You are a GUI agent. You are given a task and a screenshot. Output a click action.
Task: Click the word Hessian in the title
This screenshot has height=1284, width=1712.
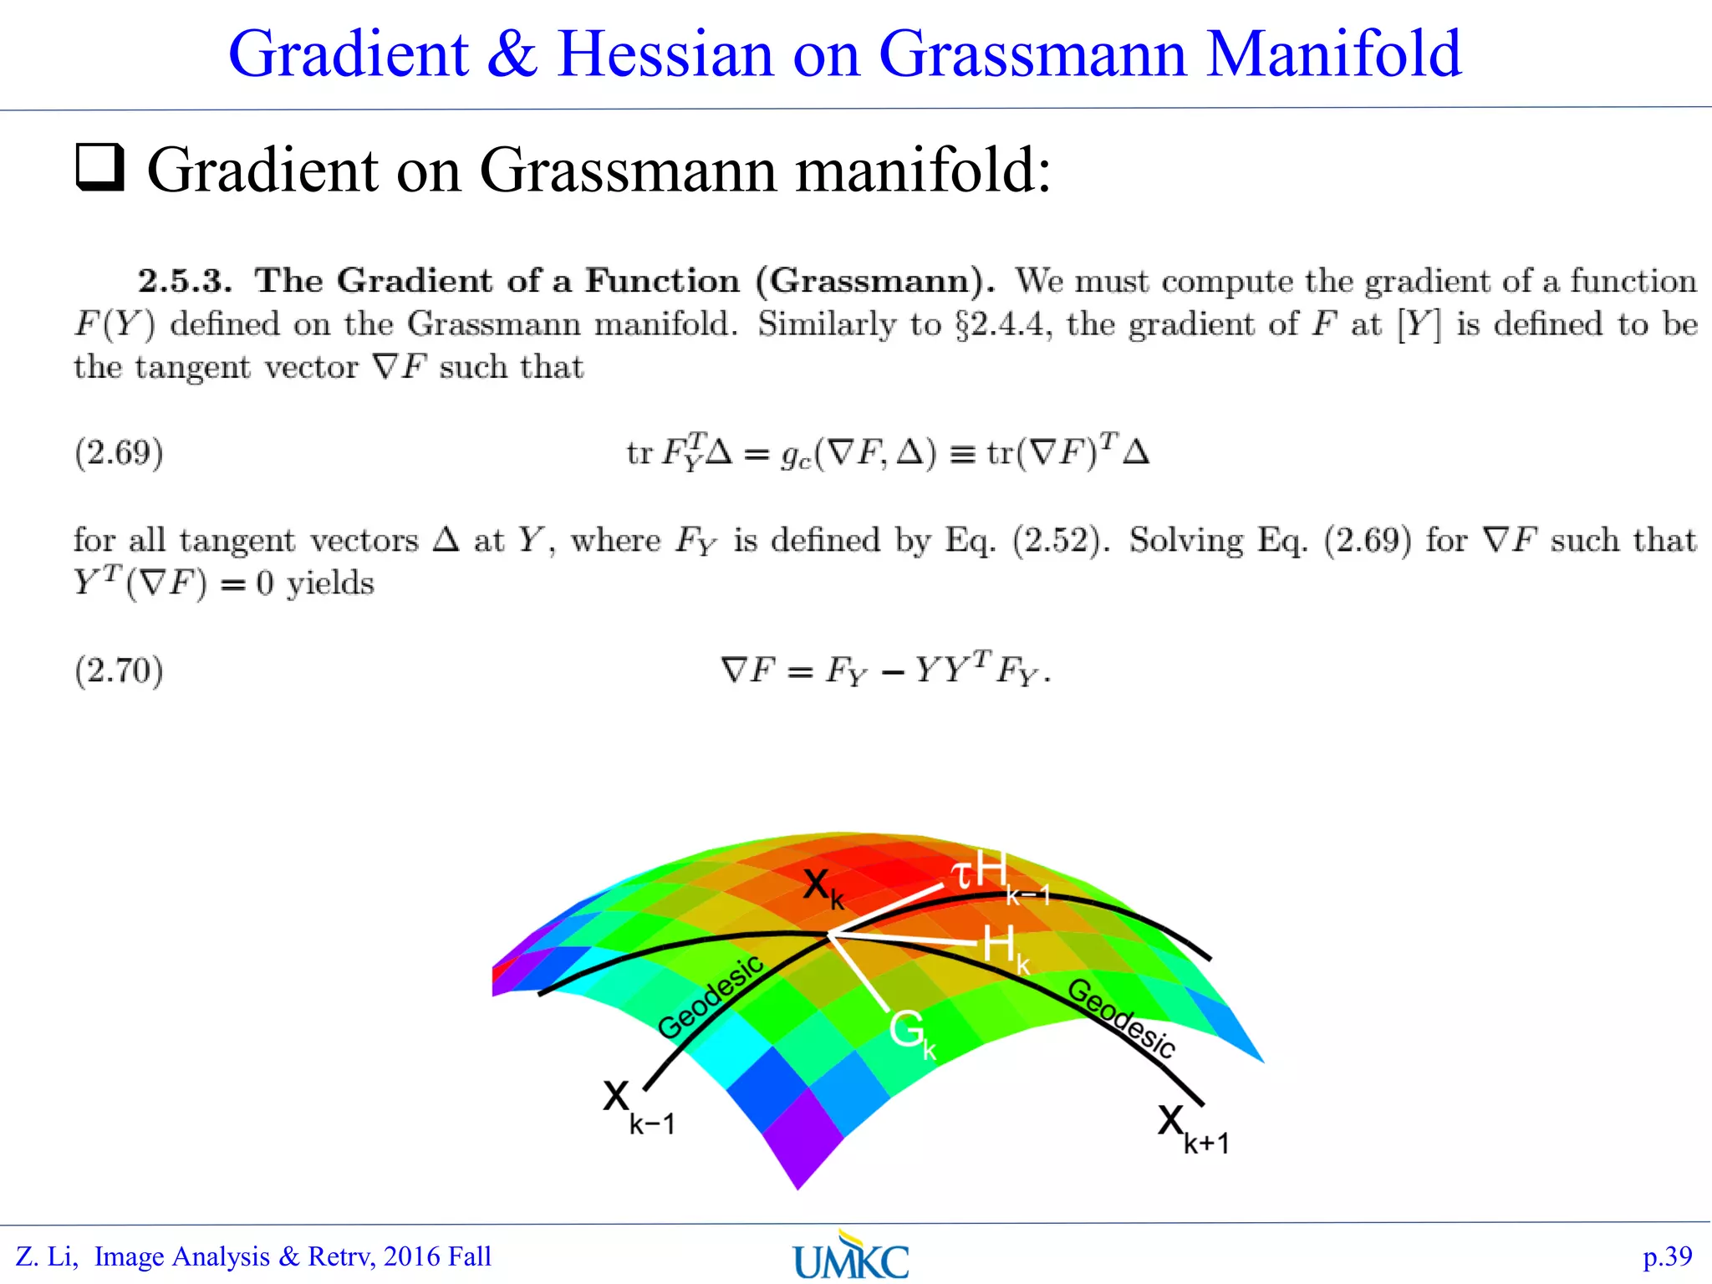point(665,54)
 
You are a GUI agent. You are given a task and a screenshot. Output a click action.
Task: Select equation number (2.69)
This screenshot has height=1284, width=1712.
point(119,453)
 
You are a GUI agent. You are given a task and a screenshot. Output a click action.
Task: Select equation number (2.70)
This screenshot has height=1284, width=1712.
point(119,670)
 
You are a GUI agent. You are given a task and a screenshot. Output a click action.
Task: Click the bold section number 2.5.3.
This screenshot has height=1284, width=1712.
point(185,281)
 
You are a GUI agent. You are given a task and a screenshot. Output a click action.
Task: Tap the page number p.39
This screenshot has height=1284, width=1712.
point(1667,1256)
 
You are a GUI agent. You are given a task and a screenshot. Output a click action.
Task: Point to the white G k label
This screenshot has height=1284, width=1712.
point(911,1033)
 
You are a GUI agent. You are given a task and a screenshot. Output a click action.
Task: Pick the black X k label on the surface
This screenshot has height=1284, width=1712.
point(823,888)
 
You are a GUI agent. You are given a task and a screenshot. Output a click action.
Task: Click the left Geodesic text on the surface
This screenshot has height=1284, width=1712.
point(710,996)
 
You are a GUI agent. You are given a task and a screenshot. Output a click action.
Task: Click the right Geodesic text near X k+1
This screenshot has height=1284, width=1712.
point(1122,1017)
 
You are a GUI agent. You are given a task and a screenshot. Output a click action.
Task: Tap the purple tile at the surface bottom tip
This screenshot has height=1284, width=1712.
point(801,1141)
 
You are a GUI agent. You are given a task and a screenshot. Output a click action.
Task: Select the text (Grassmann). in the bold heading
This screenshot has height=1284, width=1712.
point(874,281)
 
